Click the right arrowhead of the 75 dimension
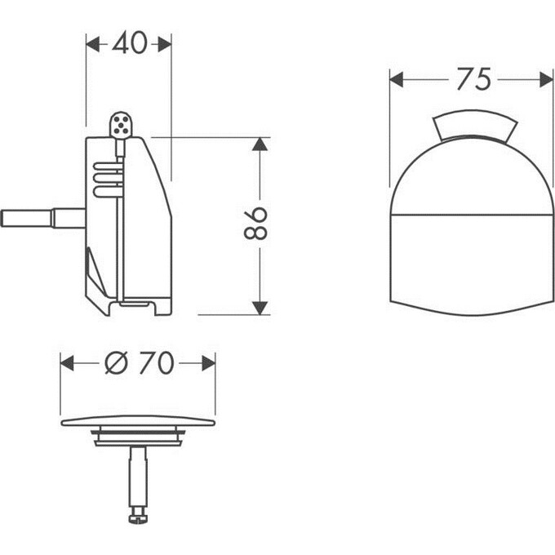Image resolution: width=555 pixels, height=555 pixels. click(x=546, y=79)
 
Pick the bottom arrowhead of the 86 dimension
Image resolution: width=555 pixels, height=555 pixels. click(x=260, y=308)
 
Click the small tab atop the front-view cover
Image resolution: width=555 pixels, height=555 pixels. click(x=474, y=127)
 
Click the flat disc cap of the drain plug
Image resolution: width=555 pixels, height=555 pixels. click(x=138, y=422)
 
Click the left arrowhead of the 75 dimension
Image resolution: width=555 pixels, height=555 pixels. click(x=397, y=79)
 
